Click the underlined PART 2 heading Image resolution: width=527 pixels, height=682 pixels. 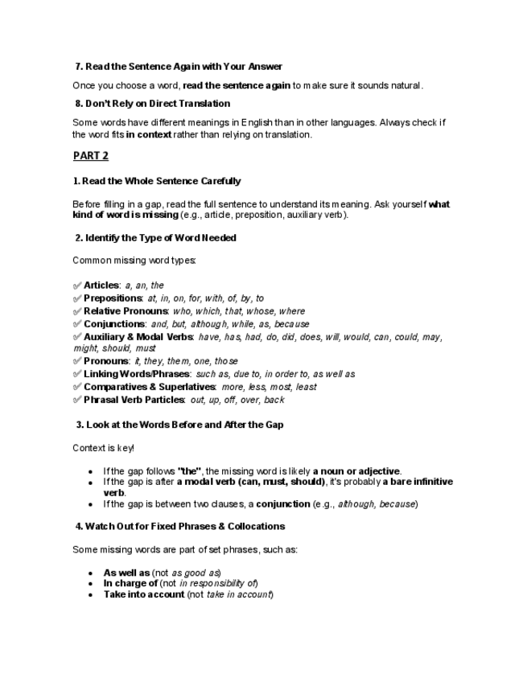point(90,156)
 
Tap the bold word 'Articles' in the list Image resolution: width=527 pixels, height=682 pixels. point(101,286)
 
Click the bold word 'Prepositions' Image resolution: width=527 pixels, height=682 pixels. point(113,298)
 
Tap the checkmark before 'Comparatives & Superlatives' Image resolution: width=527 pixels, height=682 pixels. point(77,387)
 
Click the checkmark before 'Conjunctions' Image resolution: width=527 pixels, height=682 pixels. point(77,324)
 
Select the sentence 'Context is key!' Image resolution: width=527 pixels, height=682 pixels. point(104,448)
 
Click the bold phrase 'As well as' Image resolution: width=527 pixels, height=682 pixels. point(126,573)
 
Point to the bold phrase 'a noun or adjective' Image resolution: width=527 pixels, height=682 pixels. point(356,471)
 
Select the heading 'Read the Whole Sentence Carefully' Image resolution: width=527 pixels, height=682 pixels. point(157,182)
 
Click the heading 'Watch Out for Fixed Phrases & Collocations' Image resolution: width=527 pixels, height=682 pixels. point(179,526)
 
